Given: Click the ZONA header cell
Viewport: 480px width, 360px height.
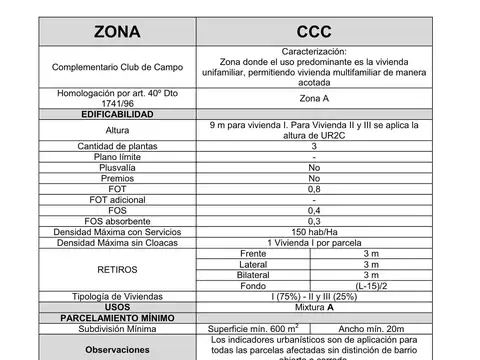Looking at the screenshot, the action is pos(117,31).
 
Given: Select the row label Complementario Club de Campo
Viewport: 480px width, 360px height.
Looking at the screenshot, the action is pos(117,67).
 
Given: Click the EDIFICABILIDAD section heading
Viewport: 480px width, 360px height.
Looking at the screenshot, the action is pos(117,115).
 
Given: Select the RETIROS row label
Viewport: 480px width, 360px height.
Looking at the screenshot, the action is pos(117,270).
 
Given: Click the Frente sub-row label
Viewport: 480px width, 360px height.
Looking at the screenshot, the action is pos(239,253).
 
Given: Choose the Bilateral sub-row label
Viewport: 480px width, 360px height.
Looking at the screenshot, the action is pos(239,275).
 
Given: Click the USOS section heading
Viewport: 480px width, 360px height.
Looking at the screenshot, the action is pos(117,307).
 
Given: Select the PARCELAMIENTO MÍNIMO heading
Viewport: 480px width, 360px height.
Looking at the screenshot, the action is pos(117,318).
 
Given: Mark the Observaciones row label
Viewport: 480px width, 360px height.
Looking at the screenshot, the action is pos(117,350).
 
